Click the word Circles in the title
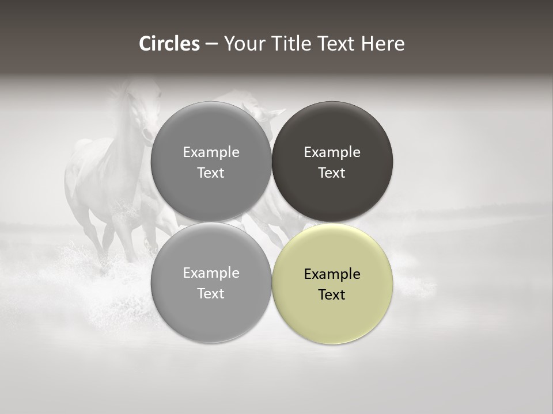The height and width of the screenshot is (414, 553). point(169,44)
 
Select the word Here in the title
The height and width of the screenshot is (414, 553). point(383,44)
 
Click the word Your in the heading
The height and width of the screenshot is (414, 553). point(243,44)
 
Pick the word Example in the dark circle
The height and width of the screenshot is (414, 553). point(332,152)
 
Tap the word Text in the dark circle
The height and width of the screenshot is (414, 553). point(332,172)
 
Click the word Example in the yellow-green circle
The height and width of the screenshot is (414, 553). point(332,274)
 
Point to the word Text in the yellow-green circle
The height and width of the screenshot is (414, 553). point(332,294)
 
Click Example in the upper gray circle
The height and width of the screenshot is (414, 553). point(211,152)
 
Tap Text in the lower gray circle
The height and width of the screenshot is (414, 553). point(211,293)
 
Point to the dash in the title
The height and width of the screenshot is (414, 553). point(211,44)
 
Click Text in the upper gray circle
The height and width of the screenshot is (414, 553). point(211,172)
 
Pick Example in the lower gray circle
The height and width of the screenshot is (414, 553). point(211,273)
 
